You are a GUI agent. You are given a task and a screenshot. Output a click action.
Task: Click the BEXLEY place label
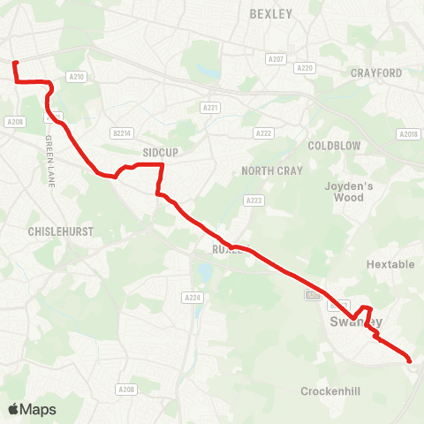[270, 13]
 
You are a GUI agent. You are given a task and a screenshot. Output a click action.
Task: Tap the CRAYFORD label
[376, 72]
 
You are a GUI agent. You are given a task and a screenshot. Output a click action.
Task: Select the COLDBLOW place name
[331, 144]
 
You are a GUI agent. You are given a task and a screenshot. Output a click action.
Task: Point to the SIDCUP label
[161, 152]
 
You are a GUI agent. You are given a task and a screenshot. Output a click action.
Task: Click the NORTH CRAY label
[272, 170]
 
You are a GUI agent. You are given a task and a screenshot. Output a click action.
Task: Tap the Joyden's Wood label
[349, 192]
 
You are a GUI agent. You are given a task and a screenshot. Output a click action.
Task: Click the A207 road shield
[276, 57]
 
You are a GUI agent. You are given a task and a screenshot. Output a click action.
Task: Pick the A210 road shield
[77, 77]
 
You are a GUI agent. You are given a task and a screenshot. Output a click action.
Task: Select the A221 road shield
[210, 108]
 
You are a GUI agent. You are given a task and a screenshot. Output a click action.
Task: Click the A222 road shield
[263, 132]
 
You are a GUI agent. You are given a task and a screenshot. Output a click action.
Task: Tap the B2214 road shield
[121, 132]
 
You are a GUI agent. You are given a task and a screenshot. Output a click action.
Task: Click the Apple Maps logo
[32, 409]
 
